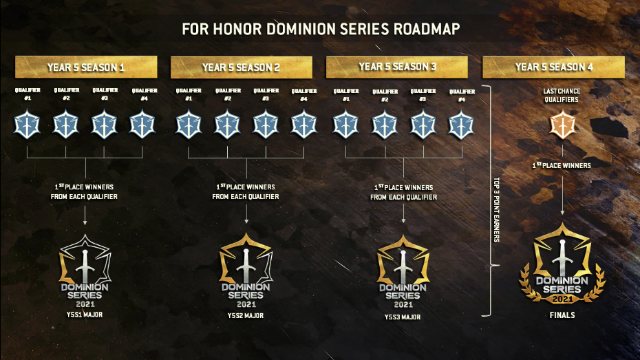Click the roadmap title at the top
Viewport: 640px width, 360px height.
point(321,29)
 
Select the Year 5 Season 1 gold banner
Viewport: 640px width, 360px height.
point(86,67)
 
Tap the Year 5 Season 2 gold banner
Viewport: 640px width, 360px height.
point(242,67)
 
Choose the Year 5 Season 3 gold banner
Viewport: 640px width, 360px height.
point(397,67)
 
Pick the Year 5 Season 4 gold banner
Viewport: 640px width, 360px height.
point(553,67)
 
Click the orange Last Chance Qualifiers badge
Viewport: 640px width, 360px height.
point(562,125)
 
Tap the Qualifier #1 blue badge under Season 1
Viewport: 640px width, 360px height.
point(27,124)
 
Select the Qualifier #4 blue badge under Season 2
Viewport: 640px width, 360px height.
point(303,124)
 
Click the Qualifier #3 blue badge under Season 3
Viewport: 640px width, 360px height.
point(423,124)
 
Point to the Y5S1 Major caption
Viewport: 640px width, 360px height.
point(85,315)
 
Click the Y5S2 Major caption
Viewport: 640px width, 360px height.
point(245,315)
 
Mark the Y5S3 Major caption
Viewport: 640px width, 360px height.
point(403,317)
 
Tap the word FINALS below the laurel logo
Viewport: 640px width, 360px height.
point(562,315)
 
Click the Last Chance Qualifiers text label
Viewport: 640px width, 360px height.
point(562,95)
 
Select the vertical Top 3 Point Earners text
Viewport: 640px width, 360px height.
point(496,209)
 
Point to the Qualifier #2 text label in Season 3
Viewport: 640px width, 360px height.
point(385,95)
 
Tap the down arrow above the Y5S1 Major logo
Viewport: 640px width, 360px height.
point(85,215)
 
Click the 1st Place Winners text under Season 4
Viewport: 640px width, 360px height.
point(562,165)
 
